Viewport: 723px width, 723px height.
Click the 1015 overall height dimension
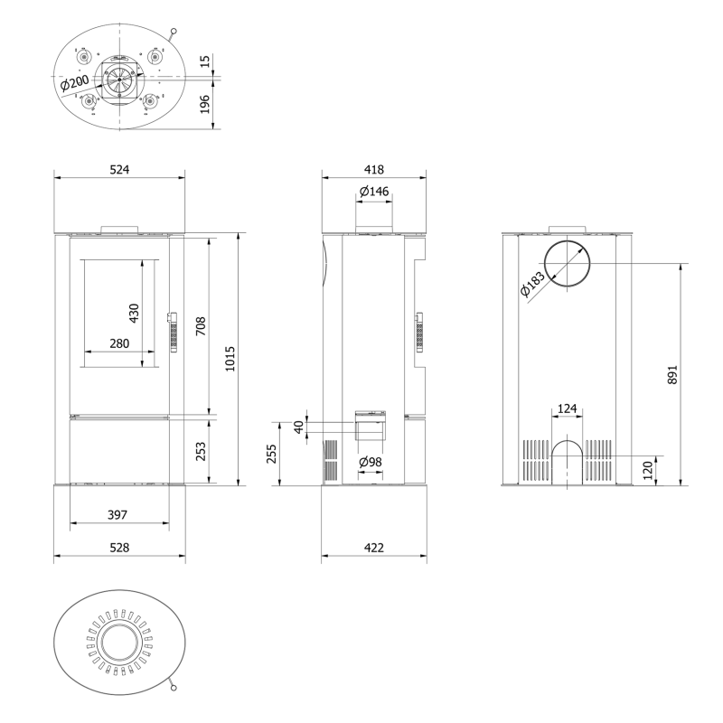[x=230, y=359]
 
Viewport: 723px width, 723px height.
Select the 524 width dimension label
[x=119, y=170]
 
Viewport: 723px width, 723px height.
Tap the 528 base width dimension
[x=119, y=548]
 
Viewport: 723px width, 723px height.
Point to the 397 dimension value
[x=117, y=514]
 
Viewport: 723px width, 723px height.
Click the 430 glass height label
[x=134, y=313]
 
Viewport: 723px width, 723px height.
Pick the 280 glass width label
[x=119, y=343]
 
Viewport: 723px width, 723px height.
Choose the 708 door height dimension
[x=201, y=326]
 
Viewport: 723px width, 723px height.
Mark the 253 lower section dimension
[x=201, y=451]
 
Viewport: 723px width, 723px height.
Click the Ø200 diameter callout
[x=74, y=83]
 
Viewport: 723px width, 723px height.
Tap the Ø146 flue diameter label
[x=374, y=191]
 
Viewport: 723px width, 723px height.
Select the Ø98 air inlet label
[x=371, y=462]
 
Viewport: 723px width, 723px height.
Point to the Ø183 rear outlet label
[x=531, y=285]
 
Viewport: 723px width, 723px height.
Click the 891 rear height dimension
[x=672, y=375]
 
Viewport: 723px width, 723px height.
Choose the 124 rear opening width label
[x=568, y=408]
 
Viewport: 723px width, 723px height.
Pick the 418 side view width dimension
[x=374, y=170]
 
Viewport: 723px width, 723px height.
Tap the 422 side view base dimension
[x=374, y=548]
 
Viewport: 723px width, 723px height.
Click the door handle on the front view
[x=173, y=332]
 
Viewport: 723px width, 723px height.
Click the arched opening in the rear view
[x=568, y=440]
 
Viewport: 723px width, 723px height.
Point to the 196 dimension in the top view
[x=205, y=104]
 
